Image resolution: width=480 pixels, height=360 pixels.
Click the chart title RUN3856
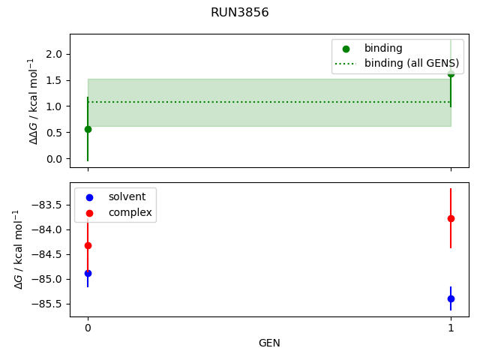pos(239,13)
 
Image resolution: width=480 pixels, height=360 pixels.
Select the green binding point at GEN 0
pos(88,129)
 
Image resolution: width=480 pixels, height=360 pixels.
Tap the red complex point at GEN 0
pos(88,245)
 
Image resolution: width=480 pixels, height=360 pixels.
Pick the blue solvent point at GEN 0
pos(88,273)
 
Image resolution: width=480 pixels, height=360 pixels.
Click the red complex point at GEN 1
pos(451,218)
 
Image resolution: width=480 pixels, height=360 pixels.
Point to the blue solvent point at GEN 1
pos(451,298)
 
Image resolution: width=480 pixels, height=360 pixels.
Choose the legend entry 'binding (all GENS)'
pos(403,63)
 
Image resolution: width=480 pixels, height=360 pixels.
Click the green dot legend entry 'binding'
pos(383,49)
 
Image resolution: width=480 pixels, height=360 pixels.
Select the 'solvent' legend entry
pos(127,196)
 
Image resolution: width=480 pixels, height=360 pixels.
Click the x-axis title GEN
pos(269,343)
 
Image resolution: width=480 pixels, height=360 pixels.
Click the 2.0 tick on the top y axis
pos(53,54)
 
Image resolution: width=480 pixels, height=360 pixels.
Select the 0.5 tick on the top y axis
pos(53,133)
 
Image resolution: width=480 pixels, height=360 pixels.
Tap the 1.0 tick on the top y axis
pos(53,106)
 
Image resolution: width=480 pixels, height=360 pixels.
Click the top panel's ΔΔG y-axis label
pos(32,100)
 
